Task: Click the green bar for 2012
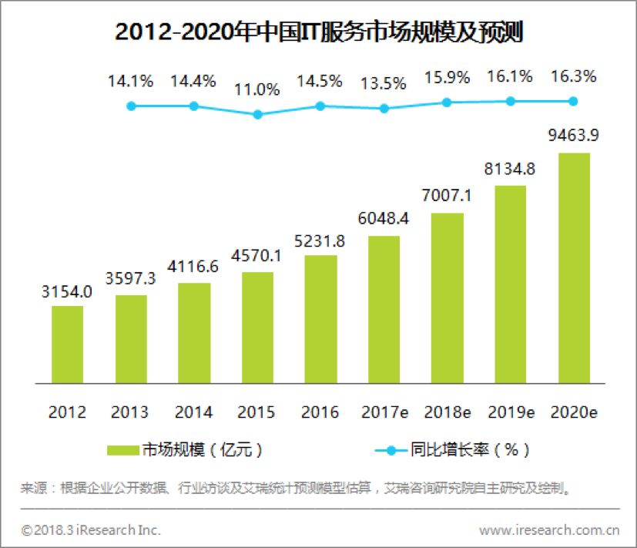point(67,344)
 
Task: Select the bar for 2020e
point(573,267)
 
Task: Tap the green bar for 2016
point(320,318)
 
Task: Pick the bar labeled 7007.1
point(447,297)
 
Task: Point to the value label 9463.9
point(573,136)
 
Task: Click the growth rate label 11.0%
point(257,89)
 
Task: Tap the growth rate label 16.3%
point(573,77)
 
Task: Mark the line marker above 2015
point(258,114)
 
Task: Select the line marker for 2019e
point(510,101)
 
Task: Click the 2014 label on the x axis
point(193,412)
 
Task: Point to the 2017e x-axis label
point(384,412)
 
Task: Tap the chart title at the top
point(318,32)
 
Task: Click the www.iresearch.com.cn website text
point(549,530)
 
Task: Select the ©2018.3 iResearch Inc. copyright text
point(91,530)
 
